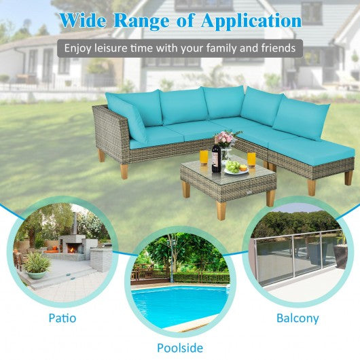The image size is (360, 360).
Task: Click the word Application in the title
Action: click(251, 21)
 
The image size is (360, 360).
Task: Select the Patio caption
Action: click(62, 317)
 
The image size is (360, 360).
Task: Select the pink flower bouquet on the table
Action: click(226, 139)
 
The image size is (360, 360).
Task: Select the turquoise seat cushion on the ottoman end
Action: click(319, 145)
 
